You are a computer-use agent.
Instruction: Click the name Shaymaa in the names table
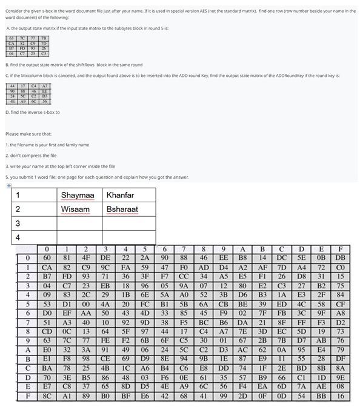78,195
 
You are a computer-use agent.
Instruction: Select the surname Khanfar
120,195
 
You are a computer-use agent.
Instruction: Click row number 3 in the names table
18,223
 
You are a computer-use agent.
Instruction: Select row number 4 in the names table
18,237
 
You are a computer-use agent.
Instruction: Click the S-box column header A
242,249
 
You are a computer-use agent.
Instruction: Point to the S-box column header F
341,249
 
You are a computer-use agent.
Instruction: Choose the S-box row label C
27,368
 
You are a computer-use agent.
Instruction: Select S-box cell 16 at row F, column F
341,397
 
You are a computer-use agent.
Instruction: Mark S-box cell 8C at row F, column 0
47,397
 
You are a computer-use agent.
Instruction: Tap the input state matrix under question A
27,47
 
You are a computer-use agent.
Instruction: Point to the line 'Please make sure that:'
28,134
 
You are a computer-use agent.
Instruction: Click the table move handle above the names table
9,186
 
